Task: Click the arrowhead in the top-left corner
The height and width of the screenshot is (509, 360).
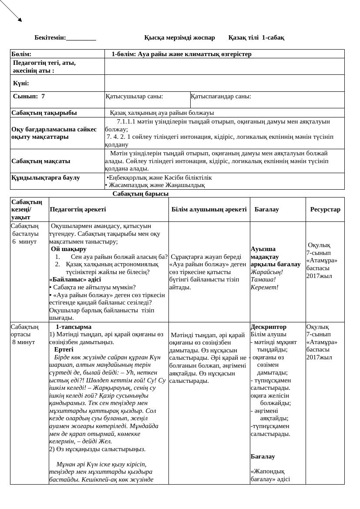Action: [20, 20]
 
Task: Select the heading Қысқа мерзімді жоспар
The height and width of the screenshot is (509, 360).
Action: [179, 37]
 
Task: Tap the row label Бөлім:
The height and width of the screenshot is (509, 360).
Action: [21, 54]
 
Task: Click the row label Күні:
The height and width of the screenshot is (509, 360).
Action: [21, 83]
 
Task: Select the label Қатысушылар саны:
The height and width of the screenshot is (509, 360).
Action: [135, 96]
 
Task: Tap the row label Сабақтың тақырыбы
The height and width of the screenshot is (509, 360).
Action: [44, 113]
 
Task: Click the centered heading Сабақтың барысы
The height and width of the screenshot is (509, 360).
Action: [141, 194]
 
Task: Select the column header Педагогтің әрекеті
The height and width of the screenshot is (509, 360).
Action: [78, 209]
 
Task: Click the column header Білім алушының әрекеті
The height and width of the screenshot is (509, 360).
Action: [209, 209]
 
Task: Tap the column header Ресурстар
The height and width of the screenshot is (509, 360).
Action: [325, 209]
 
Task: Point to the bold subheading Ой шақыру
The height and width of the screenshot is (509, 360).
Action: [69, 249]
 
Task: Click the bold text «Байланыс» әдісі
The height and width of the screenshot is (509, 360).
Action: [75, 279]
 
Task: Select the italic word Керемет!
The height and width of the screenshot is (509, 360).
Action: [265, 287]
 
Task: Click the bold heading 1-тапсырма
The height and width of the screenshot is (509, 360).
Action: [74, 326]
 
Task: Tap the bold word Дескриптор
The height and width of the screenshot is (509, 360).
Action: [269, 326]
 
